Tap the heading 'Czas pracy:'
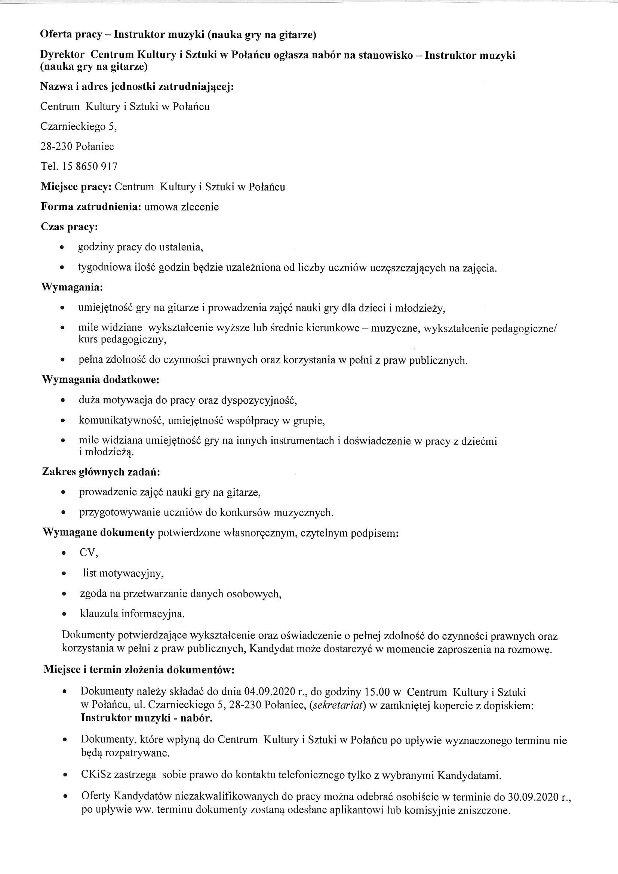point(69,227)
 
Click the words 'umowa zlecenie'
point(182,207)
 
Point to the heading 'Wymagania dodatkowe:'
point(101,380)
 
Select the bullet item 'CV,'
point(89,553)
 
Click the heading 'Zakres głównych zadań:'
point(101,472)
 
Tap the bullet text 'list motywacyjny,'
point(123,573)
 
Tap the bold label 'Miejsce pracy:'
point(76,187)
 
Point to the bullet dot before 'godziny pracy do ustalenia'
point(62,248)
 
